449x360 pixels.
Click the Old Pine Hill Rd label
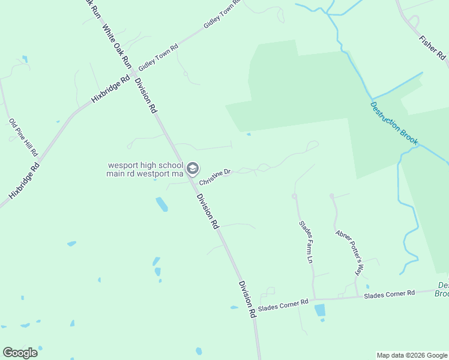23,137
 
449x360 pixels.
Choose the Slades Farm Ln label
306,242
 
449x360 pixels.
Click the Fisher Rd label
433,49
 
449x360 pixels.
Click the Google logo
20,353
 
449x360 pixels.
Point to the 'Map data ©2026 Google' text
412,355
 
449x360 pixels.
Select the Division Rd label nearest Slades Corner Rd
247,299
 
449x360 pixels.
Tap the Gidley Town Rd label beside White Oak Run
158,58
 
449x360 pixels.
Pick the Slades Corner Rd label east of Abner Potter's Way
389,294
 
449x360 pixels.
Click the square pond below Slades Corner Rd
320,310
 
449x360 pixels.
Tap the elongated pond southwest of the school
161,204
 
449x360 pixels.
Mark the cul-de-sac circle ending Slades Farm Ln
295,196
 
